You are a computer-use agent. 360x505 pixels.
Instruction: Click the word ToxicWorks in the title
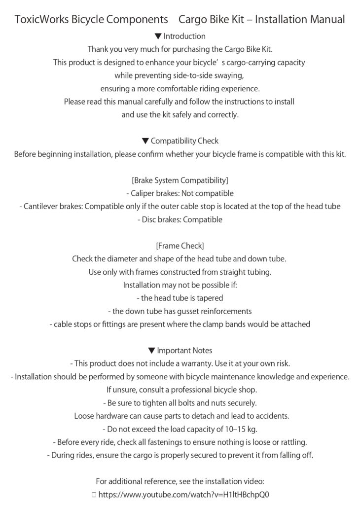pos(42,20)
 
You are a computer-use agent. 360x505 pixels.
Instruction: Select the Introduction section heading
pos(184,36)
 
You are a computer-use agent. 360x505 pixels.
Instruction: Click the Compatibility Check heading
pos(184,141)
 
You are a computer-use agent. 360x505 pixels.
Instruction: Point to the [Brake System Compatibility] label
pos(180,180)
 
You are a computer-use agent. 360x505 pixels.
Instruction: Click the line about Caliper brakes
pos(180,193)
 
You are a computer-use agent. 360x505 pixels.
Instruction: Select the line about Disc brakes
pos(180,219)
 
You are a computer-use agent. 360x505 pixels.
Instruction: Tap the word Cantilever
pos(42,207)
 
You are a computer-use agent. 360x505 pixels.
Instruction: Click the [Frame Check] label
pos(180,246)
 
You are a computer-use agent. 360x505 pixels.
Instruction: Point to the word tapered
pos(210,298)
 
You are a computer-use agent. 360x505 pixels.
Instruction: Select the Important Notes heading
pos(184,350)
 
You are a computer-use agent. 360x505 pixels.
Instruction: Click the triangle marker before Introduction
pos(158,36)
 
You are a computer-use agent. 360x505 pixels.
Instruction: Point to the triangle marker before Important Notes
pos(151,350)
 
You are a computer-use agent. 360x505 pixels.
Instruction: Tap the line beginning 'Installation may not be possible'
pos(180,285)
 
